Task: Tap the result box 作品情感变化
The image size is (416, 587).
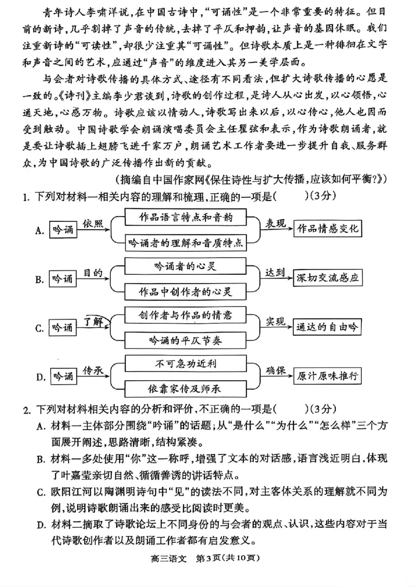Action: pyautogui.click(x=327, y=229)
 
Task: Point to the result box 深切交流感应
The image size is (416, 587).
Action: pyautogui.click(x=327, y=278)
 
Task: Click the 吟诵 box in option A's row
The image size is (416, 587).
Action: pyautogui.click(x=62, y=230)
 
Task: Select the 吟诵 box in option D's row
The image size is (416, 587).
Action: pyautogui.click(x=62, y=377)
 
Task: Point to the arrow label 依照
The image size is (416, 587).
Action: pyautogui.click(x=94, y=223)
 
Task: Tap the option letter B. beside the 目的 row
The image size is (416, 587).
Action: pyautogui.click(x=39, y=279)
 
